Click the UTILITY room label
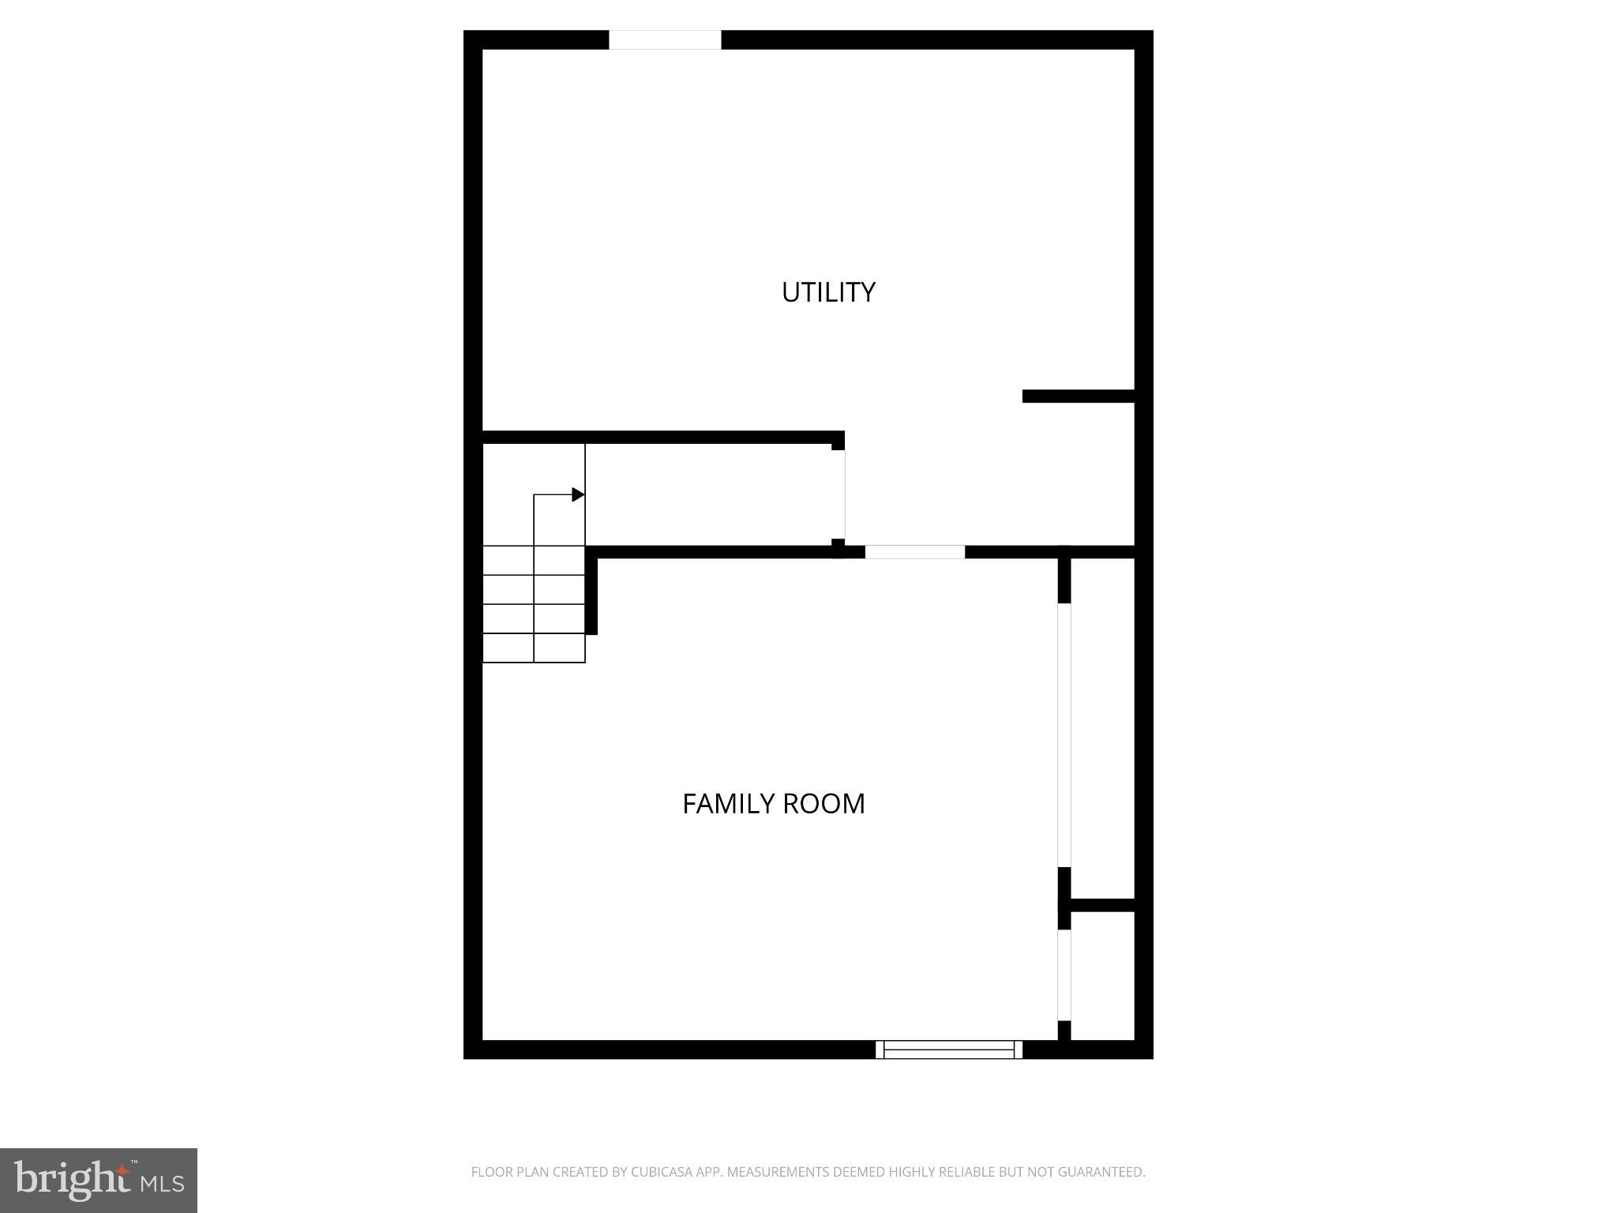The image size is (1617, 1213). point(828,292)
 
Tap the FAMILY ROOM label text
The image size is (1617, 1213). point(773,803)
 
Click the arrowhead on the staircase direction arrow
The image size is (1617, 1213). point(578,494)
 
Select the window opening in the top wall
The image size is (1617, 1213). point(665,39)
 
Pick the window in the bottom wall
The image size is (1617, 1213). point(948,1049)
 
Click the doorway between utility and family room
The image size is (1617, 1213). point(914,552)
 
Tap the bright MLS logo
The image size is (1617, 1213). point(99,1180)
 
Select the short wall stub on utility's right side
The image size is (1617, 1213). point(1078,396)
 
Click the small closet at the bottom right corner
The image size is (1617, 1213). point(1102,975)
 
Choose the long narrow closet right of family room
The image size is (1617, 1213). point(1102,727)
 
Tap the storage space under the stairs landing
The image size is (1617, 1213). point(711,494)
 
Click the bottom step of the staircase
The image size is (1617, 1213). point(534,648)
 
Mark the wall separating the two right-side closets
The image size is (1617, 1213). point(1102,905)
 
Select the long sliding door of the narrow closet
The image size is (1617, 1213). point(1064,734)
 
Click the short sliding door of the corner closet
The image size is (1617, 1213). point(1064,975)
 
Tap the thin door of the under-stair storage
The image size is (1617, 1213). point(845,494)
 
